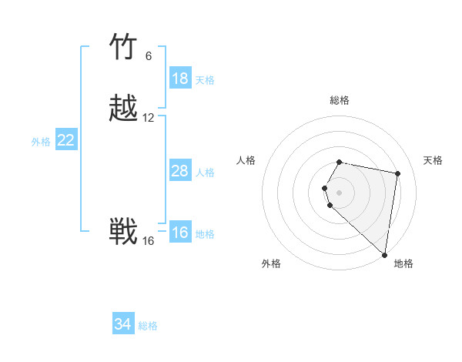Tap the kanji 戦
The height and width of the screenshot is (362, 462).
[123, 232]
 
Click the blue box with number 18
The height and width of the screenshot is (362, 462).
[180, 79]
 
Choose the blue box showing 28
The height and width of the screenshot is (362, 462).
[180, 171]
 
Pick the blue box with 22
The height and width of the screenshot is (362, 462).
[66, 140]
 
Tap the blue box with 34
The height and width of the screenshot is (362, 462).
[123, 324]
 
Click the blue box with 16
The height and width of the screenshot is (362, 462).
[180, 233]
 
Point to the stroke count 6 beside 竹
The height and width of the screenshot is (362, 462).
[149, 56]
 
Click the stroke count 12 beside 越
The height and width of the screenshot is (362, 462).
[149, 118]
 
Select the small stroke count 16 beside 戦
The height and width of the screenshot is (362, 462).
[149, 241]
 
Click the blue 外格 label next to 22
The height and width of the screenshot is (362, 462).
[41, 142]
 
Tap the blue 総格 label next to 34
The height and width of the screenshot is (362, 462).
[148, 326]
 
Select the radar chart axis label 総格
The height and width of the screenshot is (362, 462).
[339, 100]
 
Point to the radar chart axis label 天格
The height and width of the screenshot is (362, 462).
[433, 160]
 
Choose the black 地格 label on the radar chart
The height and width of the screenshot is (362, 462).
[403, 263]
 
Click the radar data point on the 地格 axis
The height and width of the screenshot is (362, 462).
[384, 254]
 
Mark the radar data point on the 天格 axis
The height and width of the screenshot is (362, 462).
[397, 173]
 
